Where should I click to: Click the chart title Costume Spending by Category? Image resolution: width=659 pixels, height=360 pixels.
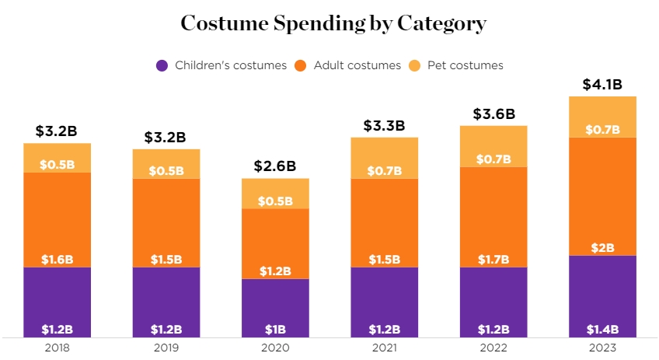click(333, 23)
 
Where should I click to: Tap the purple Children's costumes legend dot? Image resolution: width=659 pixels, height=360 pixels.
click(162, 65)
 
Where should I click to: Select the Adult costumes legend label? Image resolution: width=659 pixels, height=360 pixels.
click(357, 65)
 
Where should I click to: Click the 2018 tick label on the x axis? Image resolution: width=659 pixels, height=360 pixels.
click(57, 348)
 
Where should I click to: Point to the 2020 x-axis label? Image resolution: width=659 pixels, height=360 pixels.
click(275, 348)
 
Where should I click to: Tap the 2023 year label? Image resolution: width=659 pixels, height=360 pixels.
click(602, 348)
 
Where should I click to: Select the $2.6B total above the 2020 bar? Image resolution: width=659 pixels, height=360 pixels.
click(275, 166)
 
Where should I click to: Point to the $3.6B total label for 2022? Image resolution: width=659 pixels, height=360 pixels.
click(493, 114)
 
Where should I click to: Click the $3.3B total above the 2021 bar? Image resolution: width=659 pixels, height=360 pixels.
click(384, 125)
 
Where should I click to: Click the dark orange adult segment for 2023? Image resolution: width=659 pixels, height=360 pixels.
click(602, 194)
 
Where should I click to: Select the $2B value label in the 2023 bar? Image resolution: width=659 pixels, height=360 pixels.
click(602, 248)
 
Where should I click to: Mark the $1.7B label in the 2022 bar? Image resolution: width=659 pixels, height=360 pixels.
click(493, 260)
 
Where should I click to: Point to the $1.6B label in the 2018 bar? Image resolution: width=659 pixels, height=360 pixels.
click(57, 260)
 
